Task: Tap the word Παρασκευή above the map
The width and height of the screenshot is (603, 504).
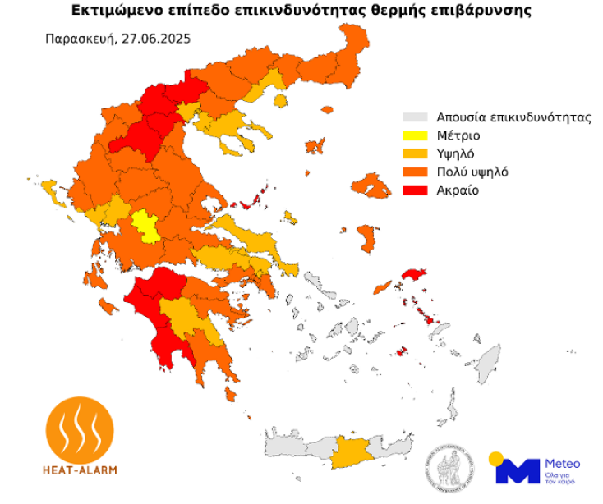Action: pos(80,38)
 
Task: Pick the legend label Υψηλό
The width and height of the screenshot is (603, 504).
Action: pos(456,153)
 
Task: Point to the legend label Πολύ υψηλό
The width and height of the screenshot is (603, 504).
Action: pos(473,172)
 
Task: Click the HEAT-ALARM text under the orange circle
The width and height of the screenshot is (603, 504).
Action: pos(79,471)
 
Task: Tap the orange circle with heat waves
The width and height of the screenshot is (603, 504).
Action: pos(79,430)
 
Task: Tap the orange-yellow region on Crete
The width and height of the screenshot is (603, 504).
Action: pos(350,451)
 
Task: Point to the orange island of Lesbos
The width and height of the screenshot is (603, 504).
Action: pos(371,186)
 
